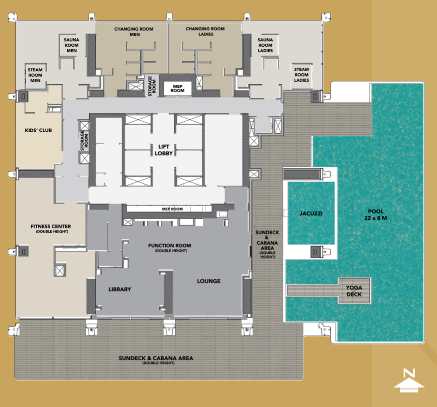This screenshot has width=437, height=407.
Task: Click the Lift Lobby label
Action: click(x=163, y=150)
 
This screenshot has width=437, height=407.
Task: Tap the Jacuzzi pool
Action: click(x=311, y=213)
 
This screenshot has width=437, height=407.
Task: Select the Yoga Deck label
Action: click(x=354, y=291)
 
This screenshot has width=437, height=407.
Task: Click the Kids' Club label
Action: click(x=38, y=130)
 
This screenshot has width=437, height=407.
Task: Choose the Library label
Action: click(x=120, y=289)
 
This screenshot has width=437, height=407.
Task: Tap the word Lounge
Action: click(x=209, y=281)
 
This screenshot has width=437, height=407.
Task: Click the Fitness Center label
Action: click(x=51, y=228)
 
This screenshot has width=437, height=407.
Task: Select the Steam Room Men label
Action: click(x=35, y=75)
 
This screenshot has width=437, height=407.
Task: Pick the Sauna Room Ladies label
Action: click(x=265, y=45)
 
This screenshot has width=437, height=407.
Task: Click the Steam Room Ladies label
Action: click(x=301, y=75)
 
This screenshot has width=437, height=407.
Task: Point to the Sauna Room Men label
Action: click(x=71, y=45)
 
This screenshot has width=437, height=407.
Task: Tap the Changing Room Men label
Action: click(x=134, y=31)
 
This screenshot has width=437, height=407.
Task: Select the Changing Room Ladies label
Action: click(x=205, y=31)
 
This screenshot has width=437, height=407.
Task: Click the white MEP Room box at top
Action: click(x=177, y=88)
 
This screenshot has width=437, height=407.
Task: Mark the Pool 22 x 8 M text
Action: click(x=375, y=214)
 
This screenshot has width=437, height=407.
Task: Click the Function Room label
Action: click(x=170, y=247)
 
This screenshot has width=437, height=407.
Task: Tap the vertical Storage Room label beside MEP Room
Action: click(x=152, y=86)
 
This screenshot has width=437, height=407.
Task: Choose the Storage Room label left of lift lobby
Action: click(x=84, y=141)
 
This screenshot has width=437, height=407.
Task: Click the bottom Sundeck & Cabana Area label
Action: click(x=156, y=360)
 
